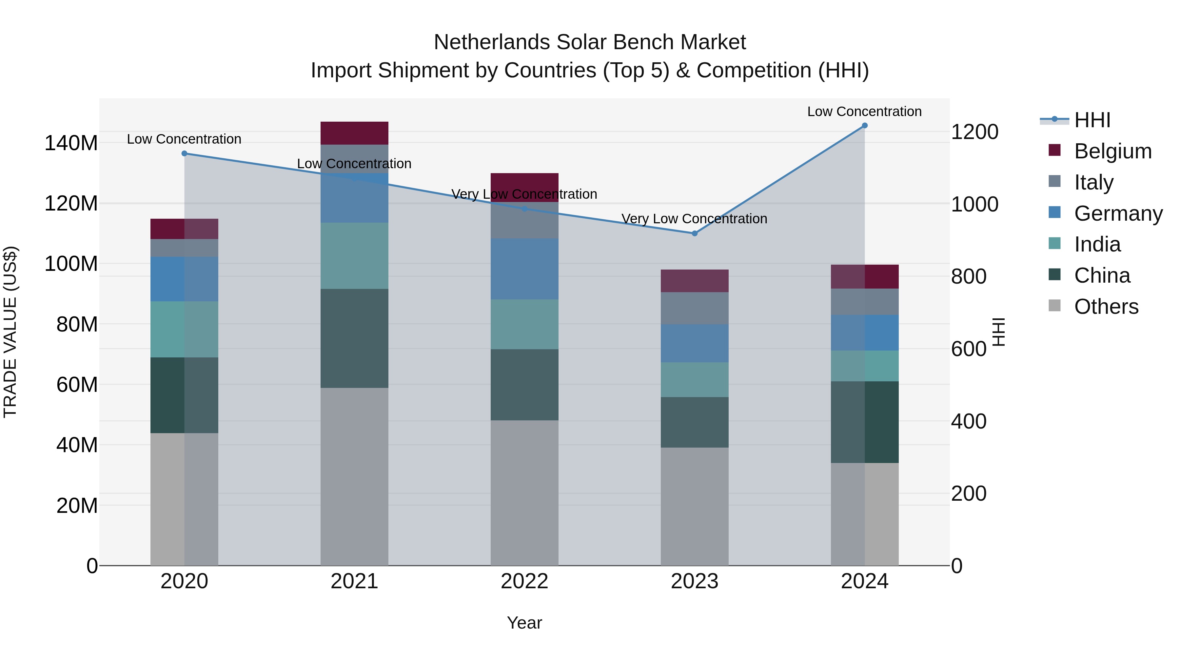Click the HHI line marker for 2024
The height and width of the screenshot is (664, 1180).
(864, 126)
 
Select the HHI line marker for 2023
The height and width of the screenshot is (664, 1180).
(695, 233)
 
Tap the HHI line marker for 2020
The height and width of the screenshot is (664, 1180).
(184, 153)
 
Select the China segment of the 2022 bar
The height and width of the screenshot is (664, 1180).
(524, 385)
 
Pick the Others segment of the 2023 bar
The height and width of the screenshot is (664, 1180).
(695, 506)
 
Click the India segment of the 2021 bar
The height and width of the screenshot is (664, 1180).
(354, 256)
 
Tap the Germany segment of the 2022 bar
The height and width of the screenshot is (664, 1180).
(524, 269)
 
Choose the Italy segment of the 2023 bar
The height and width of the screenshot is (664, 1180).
(695, 309)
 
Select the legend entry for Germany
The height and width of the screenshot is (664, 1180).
(1118, 213)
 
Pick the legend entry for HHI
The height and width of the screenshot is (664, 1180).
(1092, 120)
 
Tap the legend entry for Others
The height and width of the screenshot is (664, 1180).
(1106, 307)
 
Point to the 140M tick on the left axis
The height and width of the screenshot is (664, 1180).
(71, 143)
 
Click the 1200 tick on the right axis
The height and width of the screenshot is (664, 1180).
(975, 132)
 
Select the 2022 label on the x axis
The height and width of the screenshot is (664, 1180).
(524, 581)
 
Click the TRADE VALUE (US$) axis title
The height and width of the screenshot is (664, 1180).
(10, 332)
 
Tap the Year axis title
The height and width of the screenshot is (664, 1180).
(524, 623)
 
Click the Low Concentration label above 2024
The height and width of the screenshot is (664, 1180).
(864, 111)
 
